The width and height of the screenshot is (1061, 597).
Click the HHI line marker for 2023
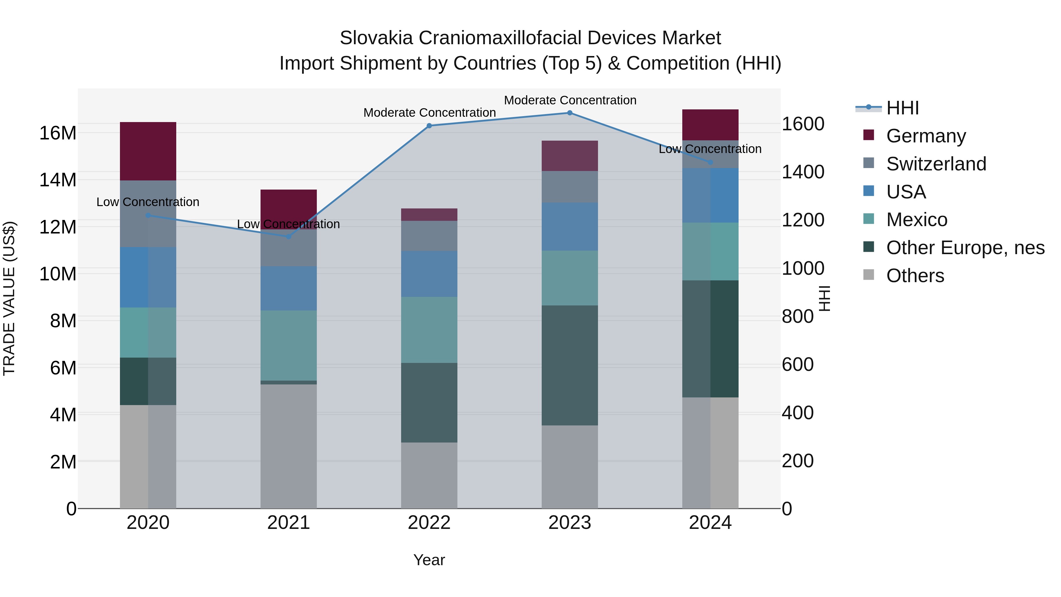click(570, 113)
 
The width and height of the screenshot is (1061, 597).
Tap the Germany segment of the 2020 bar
click(148, 151)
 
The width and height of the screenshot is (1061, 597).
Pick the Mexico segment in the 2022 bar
click(429, 330)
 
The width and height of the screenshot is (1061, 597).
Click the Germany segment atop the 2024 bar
click(710, 125)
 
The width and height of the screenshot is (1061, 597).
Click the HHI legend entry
click(902, 108)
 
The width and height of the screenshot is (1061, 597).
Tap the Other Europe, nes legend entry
click(965, 248)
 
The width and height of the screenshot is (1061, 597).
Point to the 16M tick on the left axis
click(58, 133)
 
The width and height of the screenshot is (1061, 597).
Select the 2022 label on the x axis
click(429, 523)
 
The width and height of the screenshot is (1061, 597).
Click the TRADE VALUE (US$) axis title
click(9, 298)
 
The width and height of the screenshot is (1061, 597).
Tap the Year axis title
click(429, 560)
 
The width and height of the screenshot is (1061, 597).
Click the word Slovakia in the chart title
click(376, 38)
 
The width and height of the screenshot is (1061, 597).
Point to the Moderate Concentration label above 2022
click(429, 113)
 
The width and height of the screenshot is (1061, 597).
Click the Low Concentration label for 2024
click(710, 149)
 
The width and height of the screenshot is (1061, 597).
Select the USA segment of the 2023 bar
click(570, 227)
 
